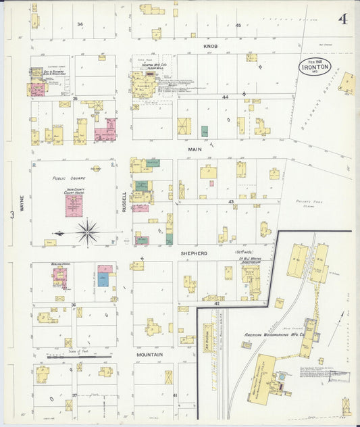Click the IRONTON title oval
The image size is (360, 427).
pyautogui.click(x=315, y=68)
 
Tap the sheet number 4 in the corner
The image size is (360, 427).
pyautogui.click(x=344, y=19)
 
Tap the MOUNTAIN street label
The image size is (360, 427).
pyautogui.click(x=150, y=354)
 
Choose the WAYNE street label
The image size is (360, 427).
pyautogui.click(x=22, y=204)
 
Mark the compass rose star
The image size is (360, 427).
pyautogui.click(x=87, y=232)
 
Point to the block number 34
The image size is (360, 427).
pyautogui.click(x=80, y=24)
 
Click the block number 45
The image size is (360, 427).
pyautogui.click(x=238, y=24)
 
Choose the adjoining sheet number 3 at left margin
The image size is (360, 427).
pyautogui.click(x=11, y=215)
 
